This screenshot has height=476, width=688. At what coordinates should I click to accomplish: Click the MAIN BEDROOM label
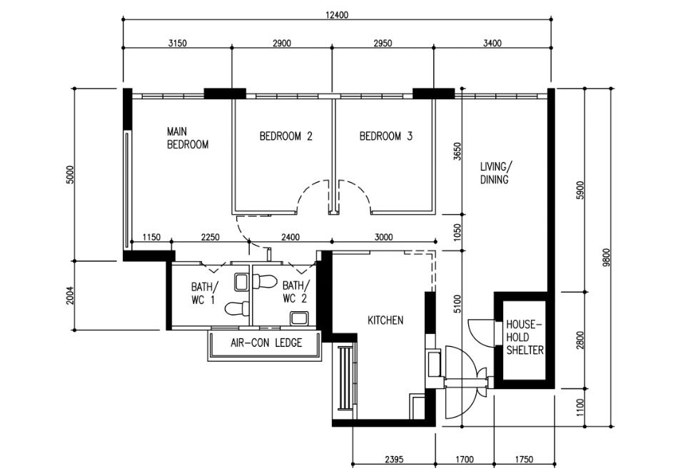point(187,138)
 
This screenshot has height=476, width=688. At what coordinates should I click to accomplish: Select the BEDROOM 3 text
point(385,136)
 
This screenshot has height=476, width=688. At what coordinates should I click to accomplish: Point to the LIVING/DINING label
point(495,173)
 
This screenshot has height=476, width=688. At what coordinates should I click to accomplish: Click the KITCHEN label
point(385,320)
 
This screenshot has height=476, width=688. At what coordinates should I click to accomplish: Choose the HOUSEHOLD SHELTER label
point(525,338)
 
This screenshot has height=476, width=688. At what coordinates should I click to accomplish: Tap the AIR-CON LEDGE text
point(265,343)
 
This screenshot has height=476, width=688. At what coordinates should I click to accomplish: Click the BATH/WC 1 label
point(202,293)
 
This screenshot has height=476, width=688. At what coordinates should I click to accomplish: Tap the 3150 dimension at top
point(177,43)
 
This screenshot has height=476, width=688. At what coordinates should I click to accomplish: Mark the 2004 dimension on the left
point(69,295)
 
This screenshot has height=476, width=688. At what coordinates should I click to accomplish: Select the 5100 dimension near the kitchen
point(457,305)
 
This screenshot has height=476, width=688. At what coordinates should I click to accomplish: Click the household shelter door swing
point(477,332)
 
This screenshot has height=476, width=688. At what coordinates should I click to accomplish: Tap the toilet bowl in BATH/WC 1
point(235,309)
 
